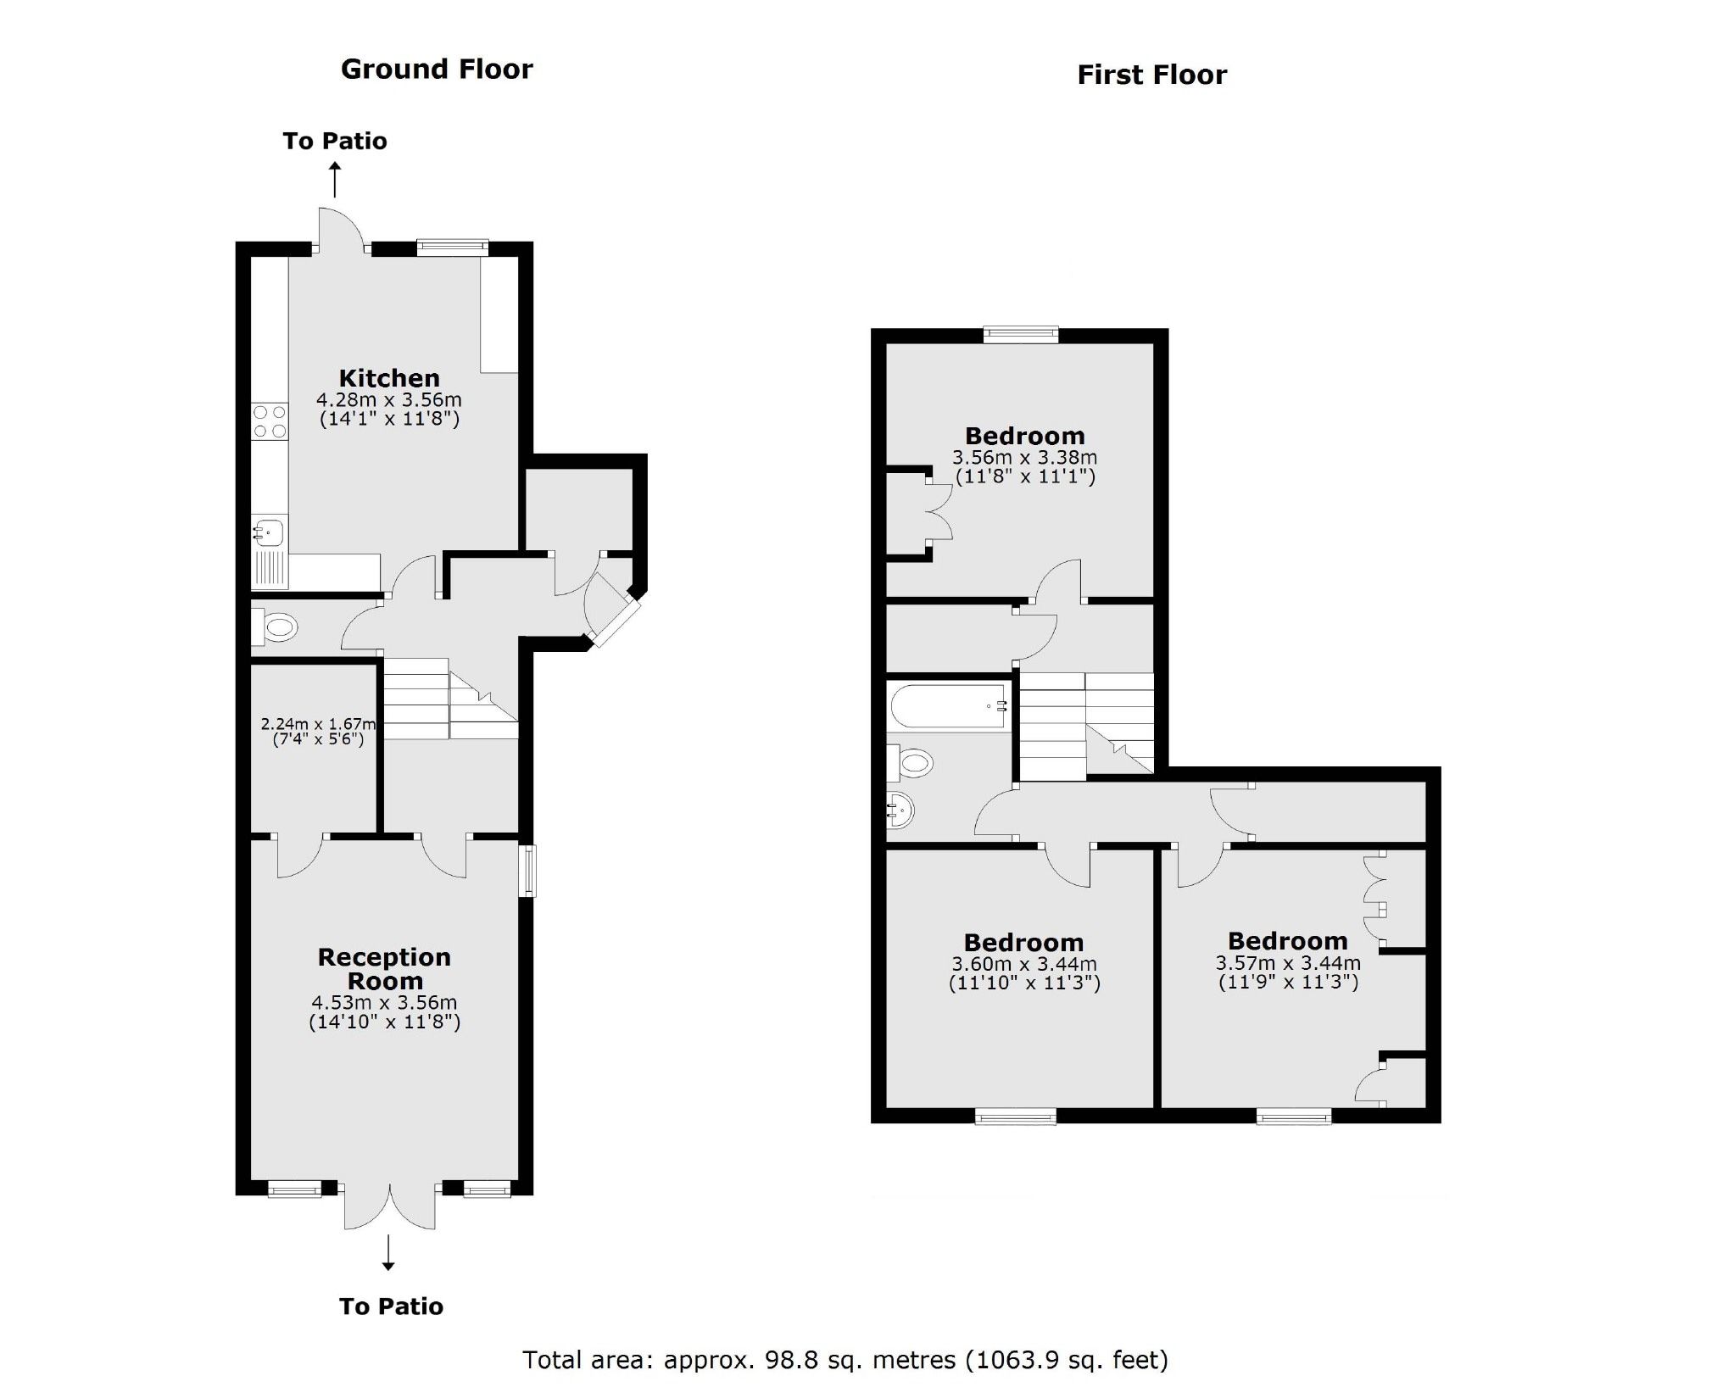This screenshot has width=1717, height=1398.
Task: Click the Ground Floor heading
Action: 436,70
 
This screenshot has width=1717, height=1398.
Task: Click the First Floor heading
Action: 1151,75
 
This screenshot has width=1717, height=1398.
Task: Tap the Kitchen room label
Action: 389,378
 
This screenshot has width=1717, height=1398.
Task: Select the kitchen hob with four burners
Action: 270,422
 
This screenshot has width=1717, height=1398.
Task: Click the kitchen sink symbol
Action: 270,533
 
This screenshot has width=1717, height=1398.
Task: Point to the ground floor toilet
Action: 276,628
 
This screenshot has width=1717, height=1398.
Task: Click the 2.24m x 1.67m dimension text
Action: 317,724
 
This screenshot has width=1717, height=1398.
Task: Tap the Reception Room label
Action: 384,969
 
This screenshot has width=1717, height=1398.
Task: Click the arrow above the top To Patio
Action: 335,181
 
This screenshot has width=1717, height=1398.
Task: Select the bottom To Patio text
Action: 391,1306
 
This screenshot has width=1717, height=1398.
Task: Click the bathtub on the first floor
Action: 950,706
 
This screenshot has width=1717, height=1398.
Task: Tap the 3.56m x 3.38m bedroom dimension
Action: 1024,458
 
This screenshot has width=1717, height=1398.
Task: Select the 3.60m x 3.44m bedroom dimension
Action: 1023,965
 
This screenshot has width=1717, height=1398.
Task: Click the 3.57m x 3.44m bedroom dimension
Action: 1287,964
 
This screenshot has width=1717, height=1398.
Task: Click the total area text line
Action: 845,1360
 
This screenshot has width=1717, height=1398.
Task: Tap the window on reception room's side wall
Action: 528,870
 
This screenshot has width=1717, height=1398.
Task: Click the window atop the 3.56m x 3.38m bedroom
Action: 1021,335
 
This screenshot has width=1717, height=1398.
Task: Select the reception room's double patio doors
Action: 390,1204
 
